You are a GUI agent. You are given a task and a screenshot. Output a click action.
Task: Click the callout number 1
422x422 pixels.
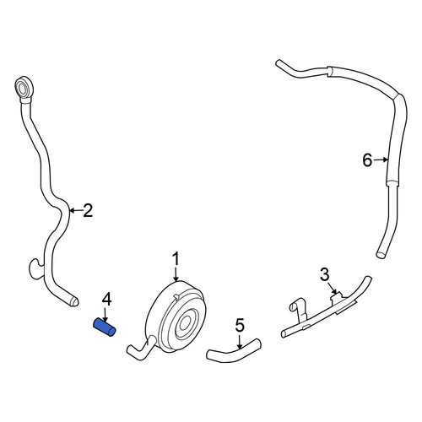pyautogui.click(x=176, y=259)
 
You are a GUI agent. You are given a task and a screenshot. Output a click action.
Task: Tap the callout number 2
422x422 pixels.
pyautogui.click(x=88, y=210)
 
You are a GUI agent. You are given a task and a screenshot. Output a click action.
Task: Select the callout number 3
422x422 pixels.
pyautogui.click(x=324, y=274)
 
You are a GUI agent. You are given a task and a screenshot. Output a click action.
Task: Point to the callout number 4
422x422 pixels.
pyautogui.click(x=106, y=300)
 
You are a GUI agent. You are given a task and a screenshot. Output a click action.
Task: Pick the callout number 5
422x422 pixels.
pyautogui.click(x=240, y=325)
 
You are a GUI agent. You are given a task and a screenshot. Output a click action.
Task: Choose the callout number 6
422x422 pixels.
pyautogui.click(x=367, y=160)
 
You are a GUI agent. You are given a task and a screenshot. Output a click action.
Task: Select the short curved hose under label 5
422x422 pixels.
pyautogui.click(x=234, y=350)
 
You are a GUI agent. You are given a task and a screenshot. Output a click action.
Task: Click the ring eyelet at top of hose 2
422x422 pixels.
pyautogui.click(x=24, y=87)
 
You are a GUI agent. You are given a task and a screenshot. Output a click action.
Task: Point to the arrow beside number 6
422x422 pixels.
pyautogui.click(x=381, y=160)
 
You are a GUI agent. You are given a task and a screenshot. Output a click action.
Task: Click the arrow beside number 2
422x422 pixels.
pyautogui.click(x=76, y=210)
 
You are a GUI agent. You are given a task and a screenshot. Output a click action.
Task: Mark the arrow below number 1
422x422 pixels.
pyautogui.click(x=176, y=274)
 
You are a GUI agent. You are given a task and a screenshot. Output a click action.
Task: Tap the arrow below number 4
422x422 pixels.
pyautogui.click(x=105, y=315)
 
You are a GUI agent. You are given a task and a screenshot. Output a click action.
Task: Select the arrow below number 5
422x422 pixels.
pyautogui.click(x=240, y=341)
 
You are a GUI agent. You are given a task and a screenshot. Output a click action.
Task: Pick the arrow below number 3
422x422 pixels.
pyautogui.click(x=333, y=288)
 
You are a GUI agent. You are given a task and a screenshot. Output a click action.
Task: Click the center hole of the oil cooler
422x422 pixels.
pyautogui.click(x=185, y=323)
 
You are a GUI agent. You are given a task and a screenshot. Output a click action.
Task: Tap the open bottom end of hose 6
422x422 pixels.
pyautogui.click(x=380, y=255)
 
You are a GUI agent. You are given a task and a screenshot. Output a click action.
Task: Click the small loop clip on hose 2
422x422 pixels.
pyautogui.click(x=35, y=268)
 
